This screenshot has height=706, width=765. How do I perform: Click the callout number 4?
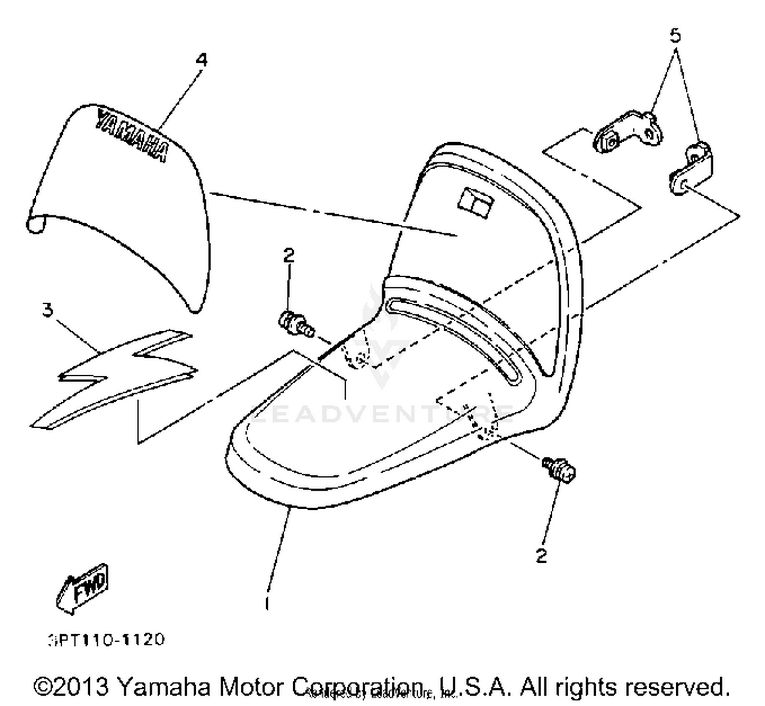(x=202, y=60)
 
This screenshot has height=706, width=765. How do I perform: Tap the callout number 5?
(x=675, y=36)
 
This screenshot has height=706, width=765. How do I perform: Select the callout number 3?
(x=47, y=309)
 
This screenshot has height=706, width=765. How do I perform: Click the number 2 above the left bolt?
(x=289, y=255)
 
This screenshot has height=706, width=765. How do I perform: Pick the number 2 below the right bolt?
(x=541, y=555)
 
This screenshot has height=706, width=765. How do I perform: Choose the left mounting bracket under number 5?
(x=628, y=132)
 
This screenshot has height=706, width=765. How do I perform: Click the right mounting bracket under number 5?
(x=692, y=168)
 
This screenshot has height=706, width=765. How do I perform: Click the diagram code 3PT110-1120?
(x=107, y=640)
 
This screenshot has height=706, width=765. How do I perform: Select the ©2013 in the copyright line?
(x=71, y=687)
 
